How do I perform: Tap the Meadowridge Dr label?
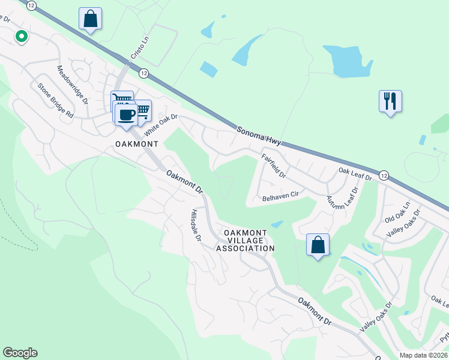tap(73, 83)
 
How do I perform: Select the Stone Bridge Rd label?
tap(55, 100)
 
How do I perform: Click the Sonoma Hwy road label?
tap(258, 137)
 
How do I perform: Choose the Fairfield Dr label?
tap(274, 166)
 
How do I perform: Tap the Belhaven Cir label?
tap(280, 196)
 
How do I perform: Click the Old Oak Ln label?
tap(397, 214)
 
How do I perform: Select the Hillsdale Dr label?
tap(195, 226)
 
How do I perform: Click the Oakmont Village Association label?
tap(246, 240)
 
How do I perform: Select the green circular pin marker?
tap(22, 37)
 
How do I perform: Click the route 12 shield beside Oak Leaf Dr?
tap(384, 175)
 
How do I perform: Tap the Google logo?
tap(20, 353)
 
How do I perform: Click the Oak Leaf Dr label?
tap(355, 174)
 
